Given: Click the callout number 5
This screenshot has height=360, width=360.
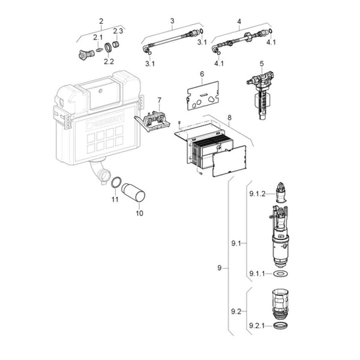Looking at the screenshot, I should point(262,64).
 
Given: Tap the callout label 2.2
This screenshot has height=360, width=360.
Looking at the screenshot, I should point(109,61).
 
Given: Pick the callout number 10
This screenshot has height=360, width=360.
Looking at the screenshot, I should point(140,213).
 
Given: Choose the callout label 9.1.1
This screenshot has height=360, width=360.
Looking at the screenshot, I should point(257,274).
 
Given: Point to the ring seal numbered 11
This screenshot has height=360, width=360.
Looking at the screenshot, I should point(118,183).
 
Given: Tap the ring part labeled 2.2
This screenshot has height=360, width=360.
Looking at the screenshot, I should point(109,48).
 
